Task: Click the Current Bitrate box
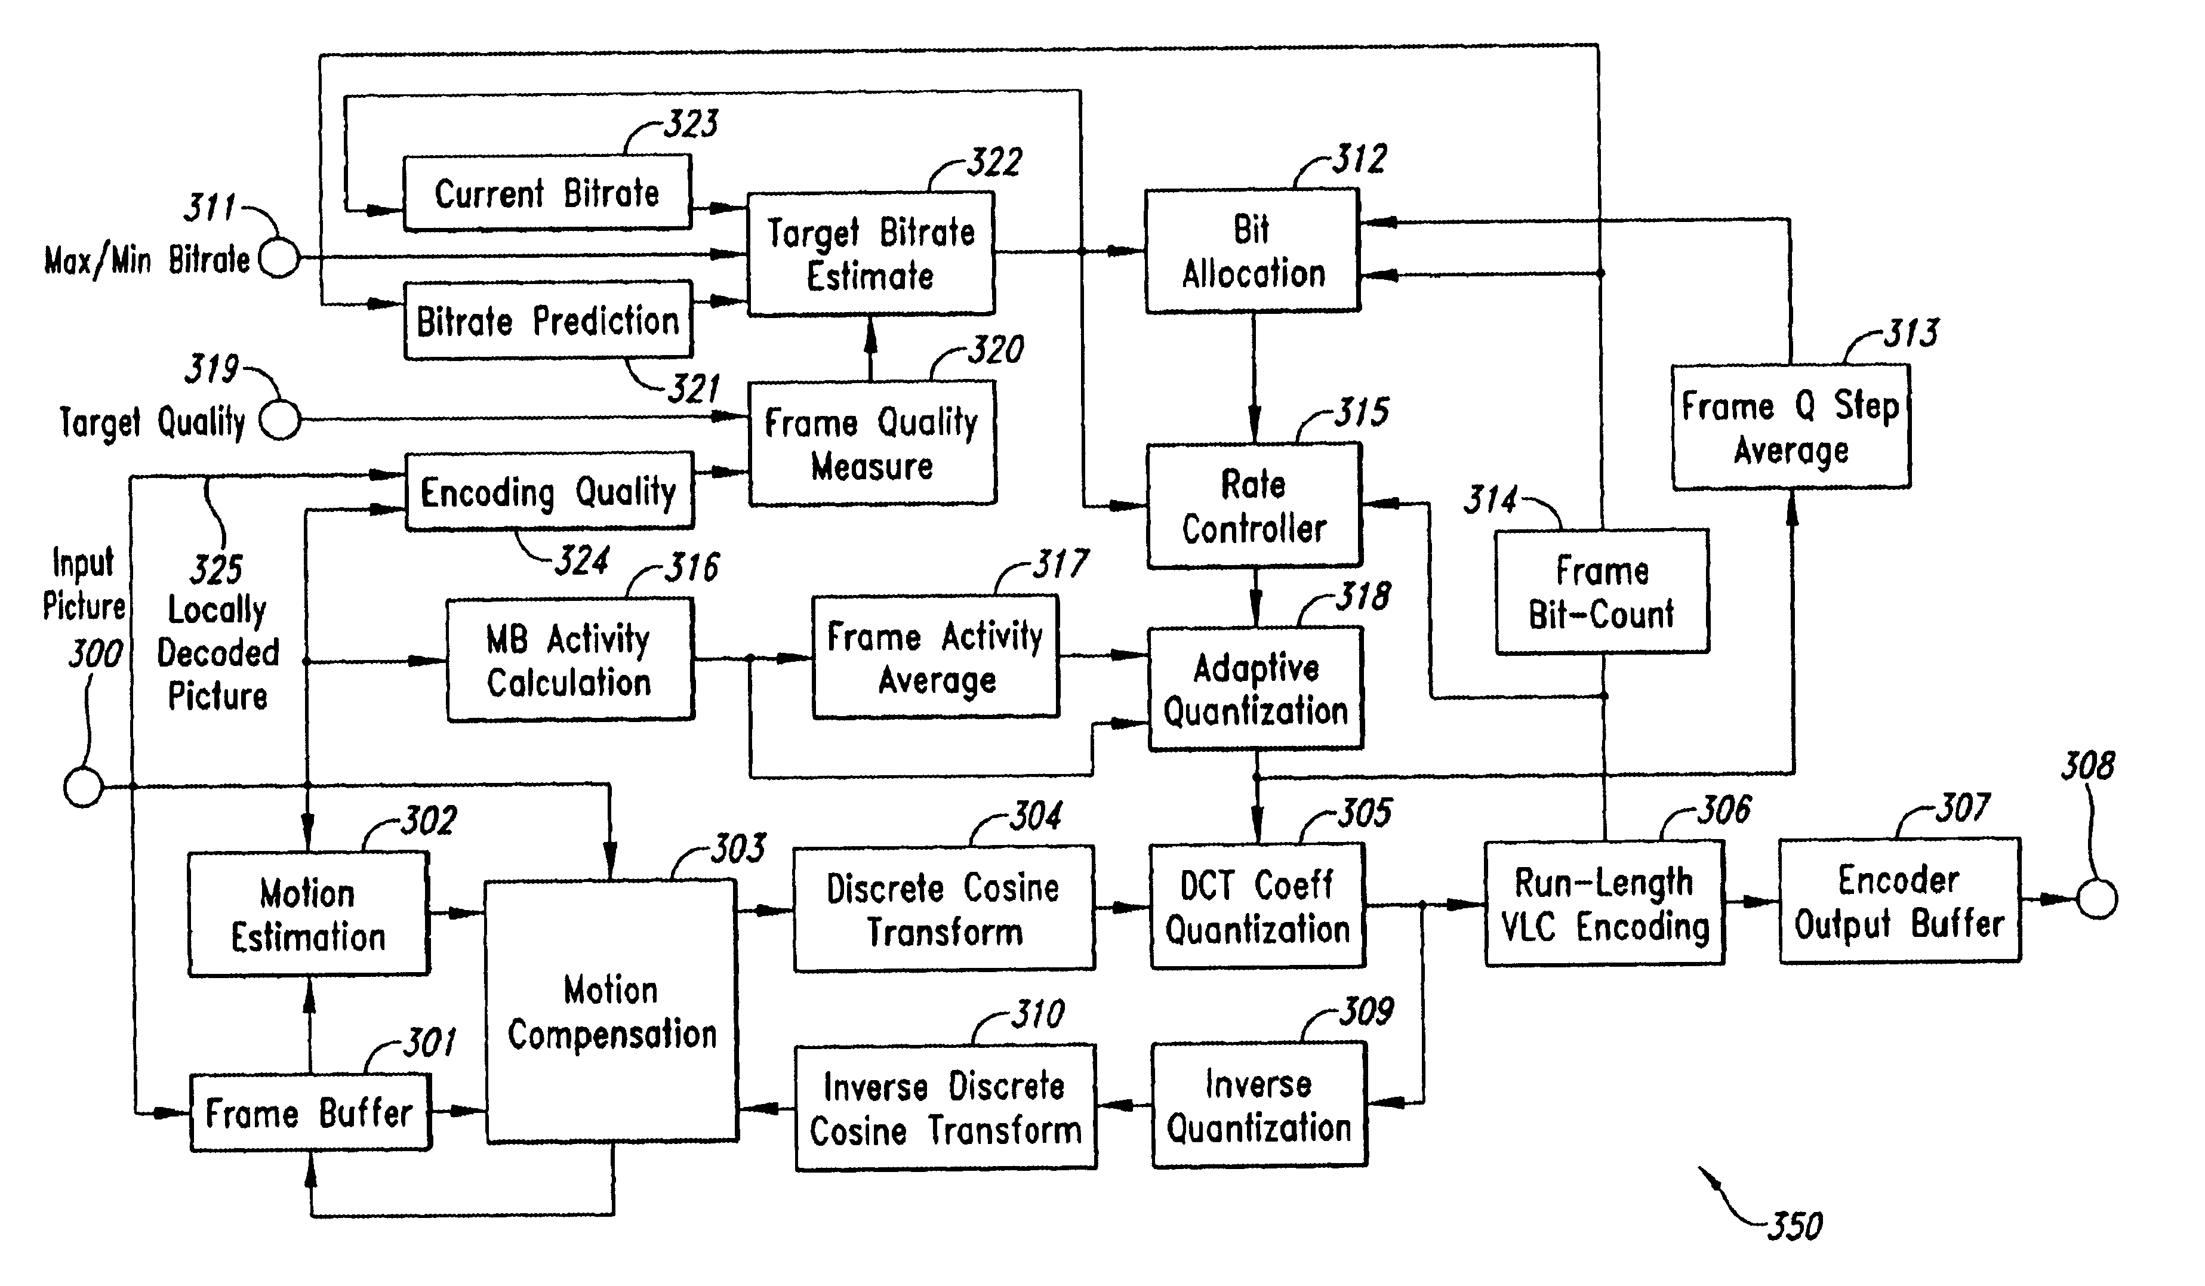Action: [547, 193]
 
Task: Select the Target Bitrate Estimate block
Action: [871, 254]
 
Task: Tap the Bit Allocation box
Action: [1252, 251]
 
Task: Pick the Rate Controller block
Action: [1254, 505]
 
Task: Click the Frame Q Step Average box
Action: [1790, 427]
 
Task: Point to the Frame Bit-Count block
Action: [1602, 592]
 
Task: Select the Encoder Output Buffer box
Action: [1899, 901]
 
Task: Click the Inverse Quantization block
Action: [1258, 1105]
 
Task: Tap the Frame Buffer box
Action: [310, 1113]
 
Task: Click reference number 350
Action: [1794, 1226]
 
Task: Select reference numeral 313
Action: [1911, 334]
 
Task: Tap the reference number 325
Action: [216, 570]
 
